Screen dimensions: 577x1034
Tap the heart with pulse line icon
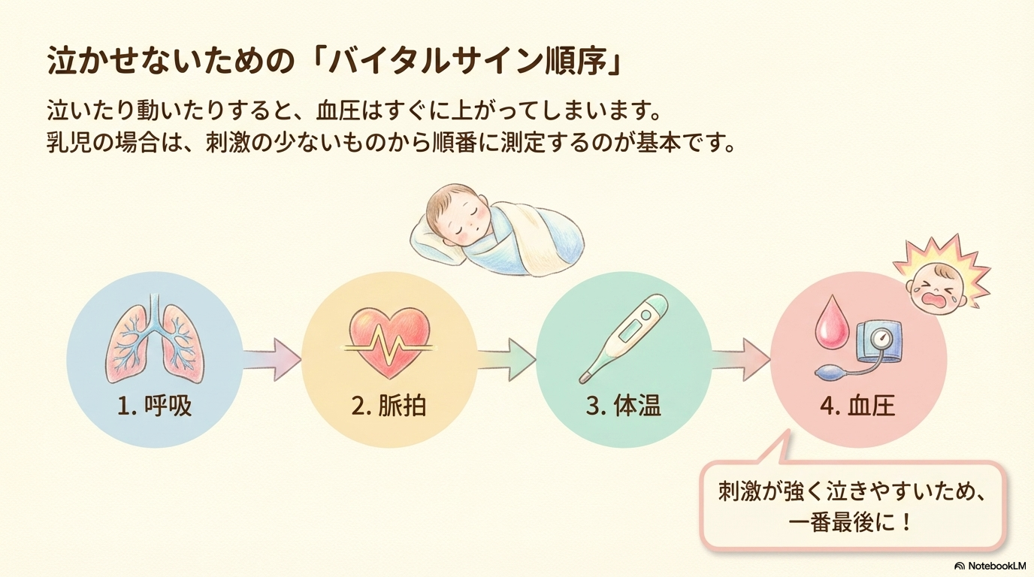point(389,342)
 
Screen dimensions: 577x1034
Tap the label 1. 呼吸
point(155,406)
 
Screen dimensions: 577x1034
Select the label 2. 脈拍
point(389,406)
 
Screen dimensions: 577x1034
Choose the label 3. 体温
point(623,406)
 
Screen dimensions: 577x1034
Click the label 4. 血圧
point(857,406)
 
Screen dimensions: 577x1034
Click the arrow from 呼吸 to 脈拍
point(271,358)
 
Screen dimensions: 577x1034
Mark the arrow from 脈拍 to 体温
point(506,358)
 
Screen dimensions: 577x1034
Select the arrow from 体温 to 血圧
point(740,358)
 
